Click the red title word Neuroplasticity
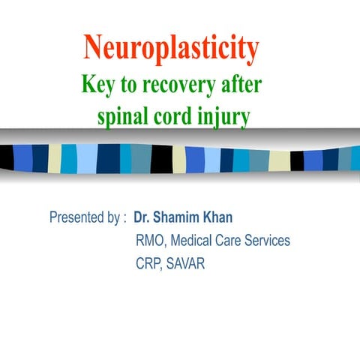pyautogui.click(x=172, y=49)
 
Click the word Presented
pyautogui.click(x=76, y=218)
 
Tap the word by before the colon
pyautogui.click(x=114, y=219)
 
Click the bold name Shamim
pyautogui.click(x=177, y=218)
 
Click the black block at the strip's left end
pyautogui.click(x=7, y=157)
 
